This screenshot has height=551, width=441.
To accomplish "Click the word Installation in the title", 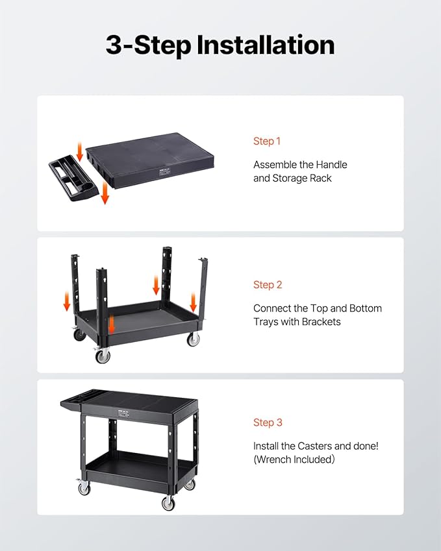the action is click(266, 45).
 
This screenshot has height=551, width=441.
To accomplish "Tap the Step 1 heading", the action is click(267, 141).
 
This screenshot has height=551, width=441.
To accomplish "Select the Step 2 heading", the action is click(268, 285).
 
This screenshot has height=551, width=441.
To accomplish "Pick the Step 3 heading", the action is click(268, 422).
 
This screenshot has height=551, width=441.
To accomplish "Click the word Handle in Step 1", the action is click(331, 164).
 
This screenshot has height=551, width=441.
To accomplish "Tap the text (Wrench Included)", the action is click(294, 459).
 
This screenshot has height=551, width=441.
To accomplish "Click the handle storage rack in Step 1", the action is click(73, 177).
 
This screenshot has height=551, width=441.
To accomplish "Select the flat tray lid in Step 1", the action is click(150, 160).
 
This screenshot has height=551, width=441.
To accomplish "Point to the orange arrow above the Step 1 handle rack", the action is click(80, 151).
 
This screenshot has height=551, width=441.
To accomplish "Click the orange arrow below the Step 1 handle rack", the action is click(105, 193).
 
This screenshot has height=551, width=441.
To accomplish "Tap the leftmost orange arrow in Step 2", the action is click(66, 301).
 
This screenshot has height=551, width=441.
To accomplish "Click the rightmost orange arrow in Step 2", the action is click(193, 302).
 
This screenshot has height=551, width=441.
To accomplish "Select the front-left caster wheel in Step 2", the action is click(102, 355).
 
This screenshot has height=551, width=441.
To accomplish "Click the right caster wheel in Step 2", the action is click(193, 339).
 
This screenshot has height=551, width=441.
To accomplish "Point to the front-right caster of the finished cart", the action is click(168, 502).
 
